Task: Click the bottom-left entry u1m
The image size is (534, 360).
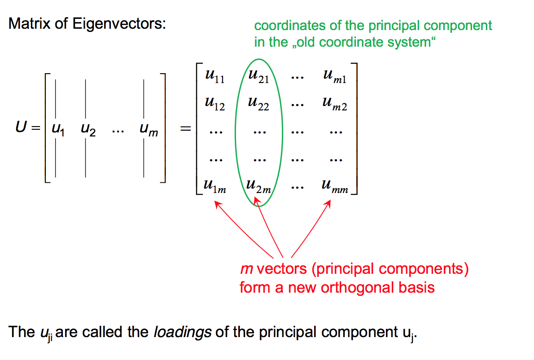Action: pyautogui.click(x=214, y=185)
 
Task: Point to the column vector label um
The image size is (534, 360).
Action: pyautogui.click(x=149, y=131)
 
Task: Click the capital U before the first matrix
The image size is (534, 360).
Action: pyautogui.click(x=21, y=128)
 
